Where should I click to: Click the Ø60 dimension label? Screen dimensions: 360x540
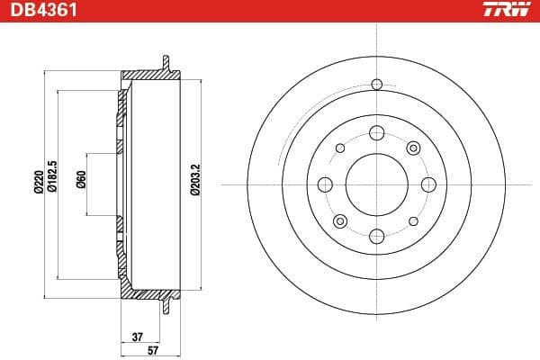(81, 183)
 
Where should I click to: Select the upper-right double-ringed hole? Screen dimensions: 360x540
(413, 148)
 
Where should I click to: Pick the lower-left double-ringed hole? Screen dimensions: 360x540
(339, 221)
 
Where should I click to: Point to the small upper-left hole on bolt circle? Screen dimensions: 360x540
(339, 148)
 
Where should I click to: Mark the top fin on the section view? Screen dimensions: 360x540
(165, 63)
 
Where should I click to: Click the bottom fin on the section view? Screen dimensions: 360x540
(165, 305)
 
